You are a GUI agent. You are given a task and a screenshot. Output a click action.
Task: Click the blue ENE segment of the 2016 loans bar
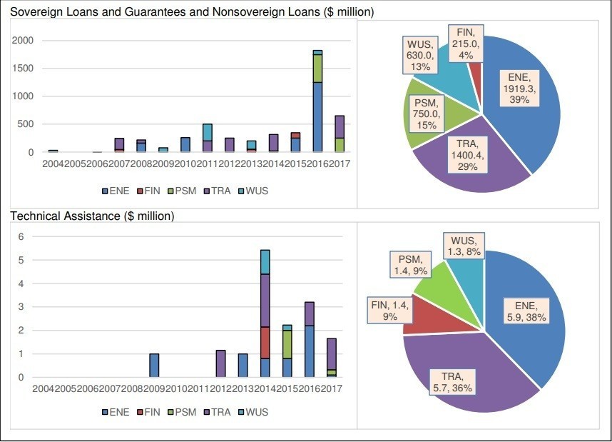[317, 116]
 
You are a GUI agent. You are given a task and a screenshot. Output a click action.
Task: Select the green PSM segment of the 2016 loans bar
[317, 69]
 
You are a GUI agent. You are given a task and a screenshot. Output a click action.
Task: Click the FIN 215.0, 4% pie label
[467, 41]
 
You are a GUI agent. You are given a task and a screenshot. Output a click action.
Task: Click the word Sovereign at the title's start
[34, 12]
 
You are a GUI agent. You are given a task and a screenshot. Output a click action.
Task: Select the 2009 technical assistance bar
[154, 366]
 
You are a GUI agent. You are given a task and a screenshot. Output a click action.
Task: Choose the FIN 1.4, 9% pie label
[387, 310]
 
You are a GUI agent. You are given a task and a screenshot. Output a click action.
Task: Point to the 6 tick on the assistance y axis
[21, 237]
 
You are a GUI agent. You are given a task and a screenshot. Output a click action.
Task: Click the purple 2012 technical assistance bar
[220, 363]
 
